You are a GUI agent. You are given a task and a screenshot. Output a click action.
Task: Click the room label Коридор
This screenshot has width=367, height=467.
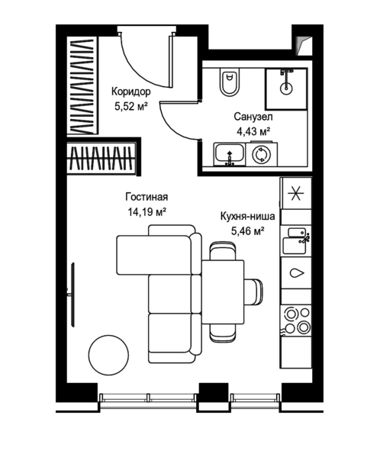(x=131, y=92)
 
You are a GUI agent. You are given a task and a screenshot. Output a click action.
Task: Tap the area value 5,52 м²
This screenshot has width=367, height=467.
(x=131, y=106)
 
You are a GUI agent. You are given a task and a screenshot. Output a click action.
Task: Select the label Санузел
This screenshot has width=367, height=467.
(x=253, y=117)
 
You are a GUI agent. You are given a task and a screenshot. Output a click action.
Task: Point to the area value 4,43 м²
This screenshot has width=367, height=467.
(x=253, y=131)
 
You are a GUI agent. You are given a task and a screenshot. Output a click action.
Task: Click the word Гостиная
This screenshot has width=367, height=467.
(x=146, y=197)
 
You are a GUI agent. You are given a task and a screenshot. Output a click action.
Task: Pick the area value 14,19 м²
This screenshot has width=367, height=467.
(x=146, y=212)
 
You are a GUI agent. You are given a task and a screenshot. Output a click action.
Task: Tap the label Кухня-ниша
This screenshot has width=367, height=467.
(x=247, y=216)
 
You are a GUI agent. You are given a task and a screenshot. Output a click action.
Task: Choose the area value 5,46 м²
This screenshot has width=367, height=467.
(x=248, y=230)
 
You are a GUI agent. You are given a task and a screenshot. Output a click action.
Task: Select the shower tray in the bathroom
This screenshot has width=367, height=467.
(x=286, y=89)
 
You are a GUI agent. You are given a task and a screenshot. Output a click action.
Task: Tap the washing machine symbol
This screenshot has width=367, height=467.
(x=261, y=155)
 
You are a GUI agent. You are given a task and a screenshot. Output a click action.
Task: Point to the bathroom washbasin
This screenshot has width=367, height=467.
(x=229, y=155)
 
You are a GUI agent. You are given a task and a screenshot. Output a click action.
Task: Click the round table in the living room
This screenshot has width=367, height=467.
(x=108, y=355)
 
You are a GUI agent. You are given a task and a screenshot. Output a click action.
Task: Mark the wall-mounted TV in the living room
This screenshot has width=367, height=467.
(x=72, y=295)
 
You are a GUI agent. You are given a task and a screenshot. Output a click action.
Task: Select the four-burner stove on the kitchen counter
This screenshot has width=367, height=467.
(x=296, y=320)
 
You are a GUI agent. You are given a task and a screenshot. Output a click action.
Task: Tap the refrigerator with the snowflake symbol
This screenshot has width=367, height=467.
(x=296, y=194)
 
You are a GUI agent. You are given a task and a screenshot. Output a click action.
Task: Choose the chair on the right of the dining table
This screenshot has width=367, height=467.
(x=253, y=291)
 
